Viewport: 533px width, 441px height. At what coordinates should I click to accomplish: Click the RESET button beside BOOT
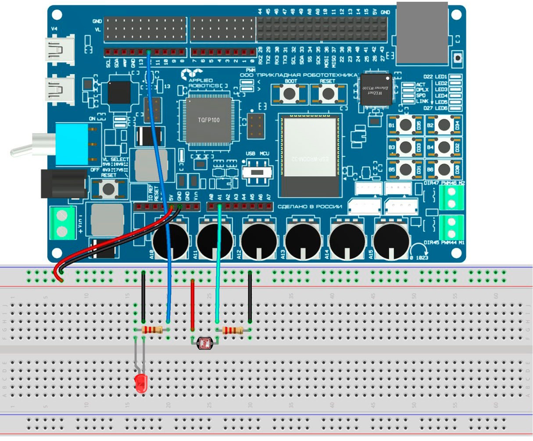pos(328,93)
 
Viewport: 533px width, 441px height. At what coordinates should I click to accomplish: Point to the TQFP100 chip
pos(208,120)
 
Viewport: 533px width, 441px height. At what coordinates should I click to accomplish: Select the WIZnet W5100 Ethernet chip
pos(376,90)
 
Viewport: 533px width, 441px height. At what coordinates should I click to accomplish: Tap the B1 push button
pos(404,125)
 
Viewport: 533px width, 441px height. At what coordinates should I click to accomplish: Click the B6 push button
pos(444,169)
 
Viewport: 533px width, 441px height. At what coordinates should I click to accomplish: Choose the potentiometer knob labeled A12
pos(259,241)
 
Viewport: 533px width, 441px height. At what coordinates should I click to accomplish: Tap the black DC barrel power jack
pos(64,183)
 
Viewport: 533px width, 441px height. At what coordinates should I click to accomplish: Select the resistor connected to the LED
pos(152,330)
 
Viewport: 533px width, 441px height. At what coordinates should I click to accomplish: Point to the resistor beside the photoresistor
pos(233,330)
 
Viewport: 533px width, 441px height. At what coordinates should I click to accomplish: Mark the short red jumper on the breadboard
pos(192,305)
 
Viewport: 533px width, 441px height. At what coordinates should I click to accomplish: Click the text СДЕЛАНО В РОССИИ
pos(309,206)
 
